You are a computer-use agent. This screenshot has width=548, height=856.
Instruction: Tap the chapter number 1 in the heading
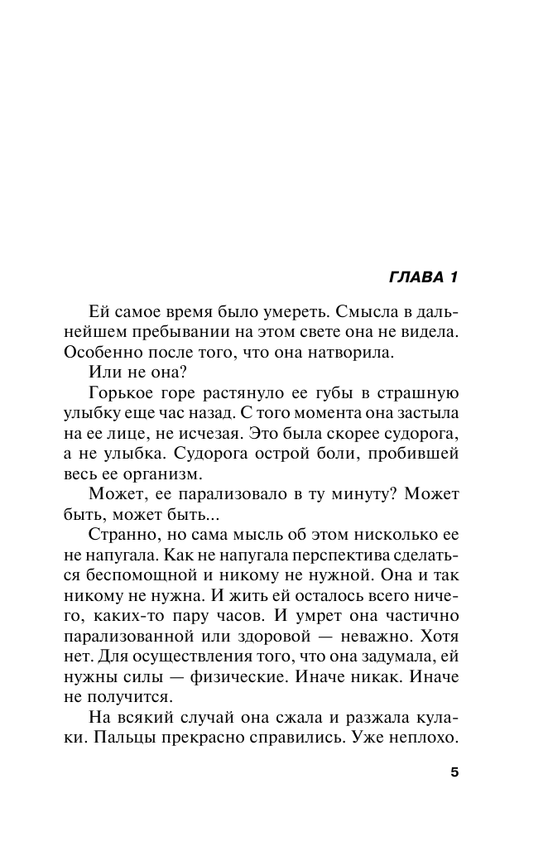coord(453,276)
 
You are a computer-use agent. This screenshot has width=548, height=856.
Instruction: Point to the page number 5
coord(454,772)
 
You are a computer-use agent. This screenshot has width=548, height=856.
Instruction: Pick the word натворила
coord(344,351)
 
